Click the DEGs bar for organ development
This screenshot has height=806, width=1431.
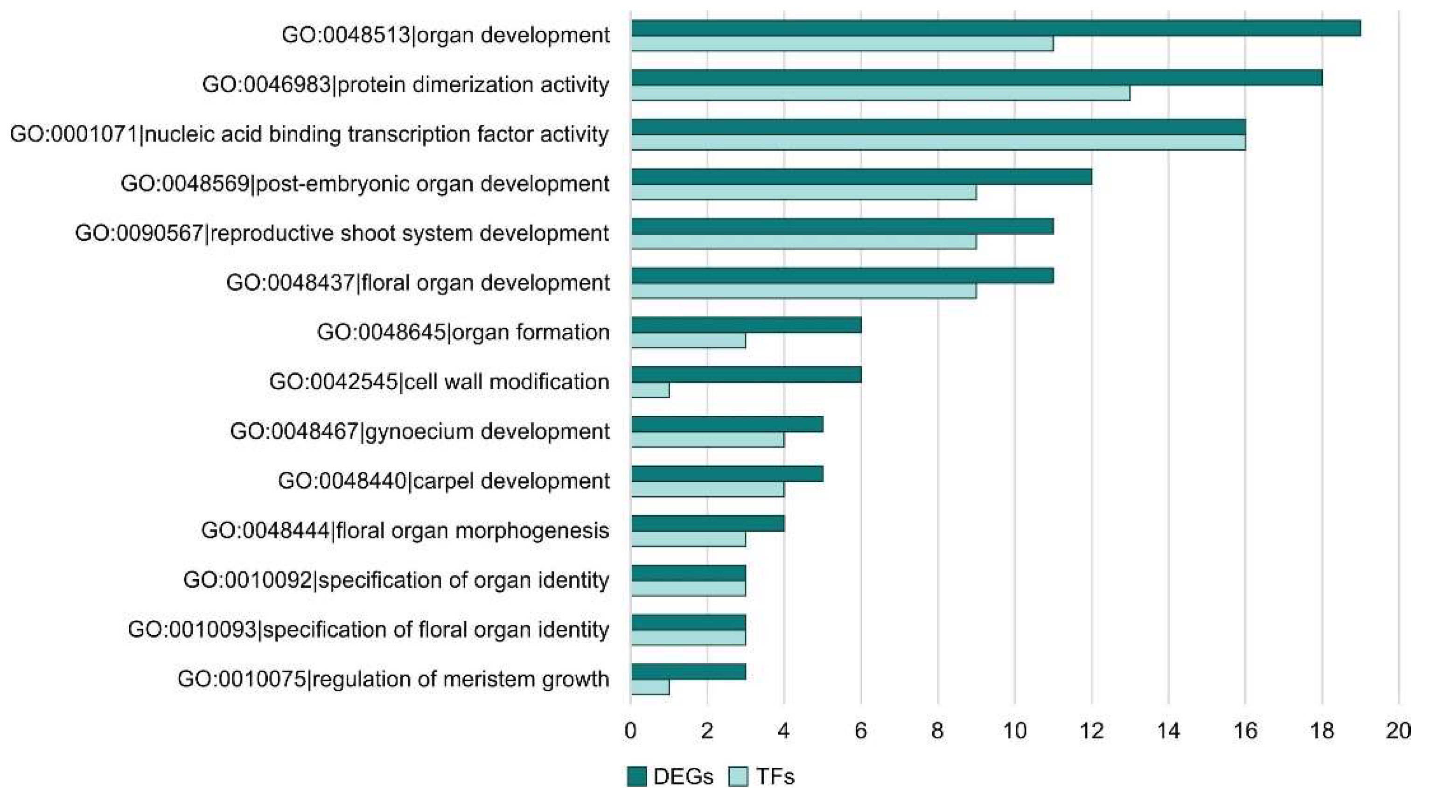pyautogui.click(x=996, y=28)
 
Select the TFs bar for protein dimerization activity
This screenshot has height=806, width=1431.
pyautogui.click(x=880, y=93)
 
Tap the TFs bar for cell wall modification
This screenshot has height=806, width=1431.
pyautogui.click(x=650, y=391)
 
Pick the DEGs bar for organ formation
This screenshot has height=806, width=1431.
pyautogui.click(x=746, y=325)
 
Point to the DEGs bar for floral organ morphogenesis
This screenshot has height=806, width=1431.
pyautogui.click(x=708, y=523)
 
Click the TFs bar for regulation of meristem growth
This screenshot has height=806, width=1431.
pyautogui.click(x=650, y=687)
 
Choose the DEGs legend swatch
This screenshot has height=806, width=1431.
pyautogui.click(x=636, y=776)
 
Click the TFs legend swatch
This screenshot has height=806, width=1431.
pyautogui.click(x=738, y=776)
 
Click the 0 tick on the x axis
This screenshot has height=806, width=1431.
pyautogui.click(x=630, y=731)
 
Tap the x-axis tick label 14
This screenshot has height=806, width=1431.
pyautogui.click(x=1168, y=731)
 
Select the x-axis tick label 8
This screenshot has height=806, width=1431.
pyautogui.click(x=938, y=731)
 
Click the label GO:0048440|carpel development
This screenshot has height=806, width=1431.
pyautogui.click(x=443, y=481)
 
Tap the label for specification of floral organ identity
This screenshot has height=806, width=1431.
pyautogui.click(x=368, y=630)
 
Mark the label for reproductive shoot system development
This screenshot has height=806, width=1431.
pyautogui.click(x=342, y=233)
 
